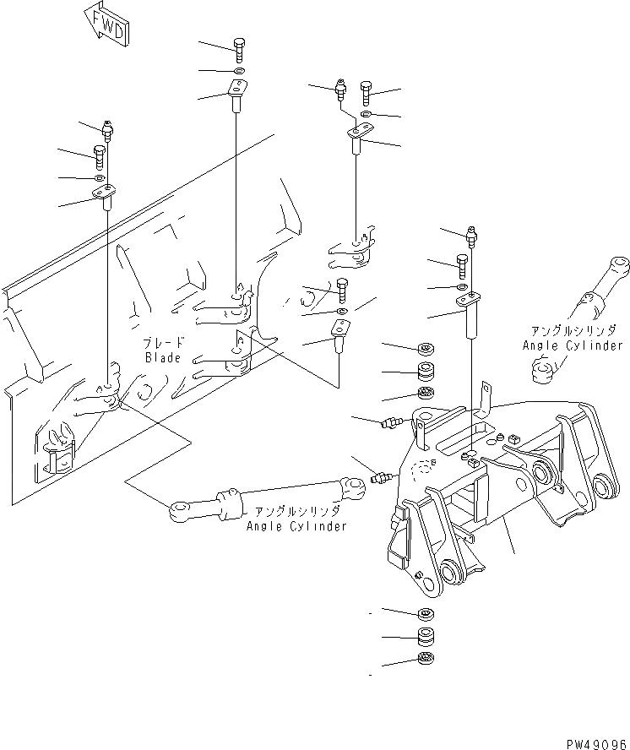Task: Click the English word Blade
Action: tap(163, 358)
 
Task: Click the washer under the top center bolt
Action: tap(238, 71)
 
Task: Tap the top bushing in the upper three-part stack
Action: tap(426, 348)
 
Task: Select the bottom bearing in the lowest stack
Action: tap(426, 660)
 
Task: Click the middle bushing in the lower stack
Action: tap(426, 637)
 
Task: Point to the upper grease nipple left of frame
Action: tap(389, 421)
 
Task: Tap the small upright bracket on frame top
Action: tap(485, 399)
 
